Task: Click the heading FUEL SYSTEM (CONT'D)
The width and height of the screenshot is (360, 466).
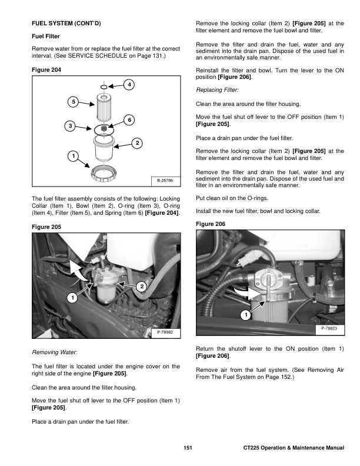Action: [x=66, y=24]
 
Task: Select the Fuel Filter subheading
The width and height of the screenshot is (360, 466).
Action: [x=46, y=36]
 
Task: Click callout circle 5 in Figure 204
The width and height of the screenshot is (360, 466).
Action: [x=74, y=102]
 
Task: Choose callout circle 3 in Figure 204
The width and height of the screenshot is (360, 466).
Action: [x=70, y=126]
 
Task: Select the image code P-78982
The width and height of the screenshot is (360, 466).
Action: [x=165, y=333]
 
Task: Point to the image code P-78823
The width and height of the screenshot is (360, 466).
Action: [x=329, y=327]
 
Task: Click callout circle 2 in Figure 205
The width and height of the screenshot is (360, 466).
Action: [x=141, y=286]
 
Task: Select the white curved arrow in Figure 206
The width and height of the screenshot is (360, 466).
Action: [x=243, y=292]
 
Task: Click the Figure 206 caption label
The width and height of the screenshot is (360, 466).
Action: [x=211, y=224]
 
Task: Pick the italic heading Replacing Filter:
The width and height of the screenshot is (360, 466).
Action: [x=216, y=91]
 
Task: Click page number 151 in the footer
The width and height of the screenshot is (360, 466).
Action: [x=188, y=449]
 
